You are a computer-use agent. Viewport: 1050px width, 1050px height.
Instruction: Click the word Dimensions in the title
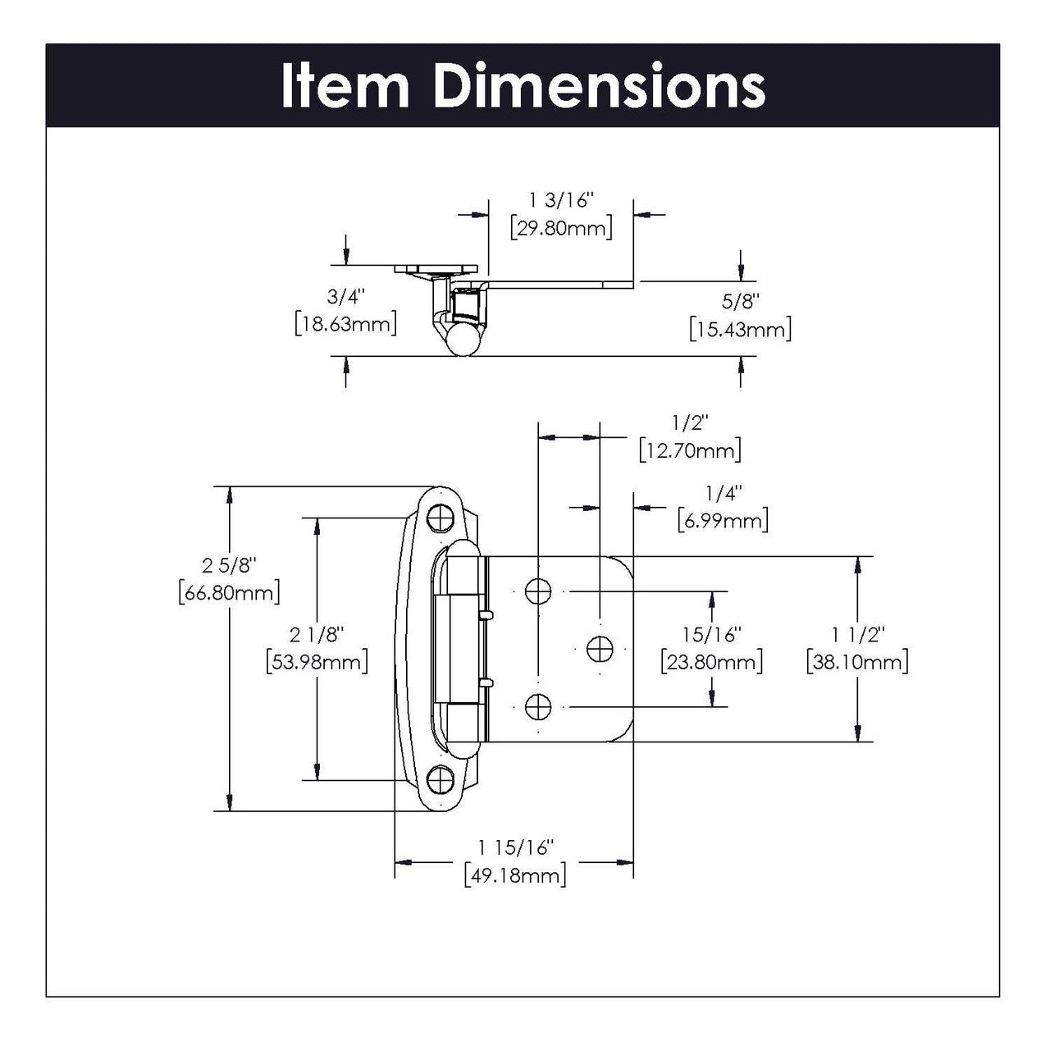pos(600,86)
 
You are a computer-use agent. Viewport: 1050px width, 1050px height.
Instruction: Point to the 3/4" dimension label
pos(345,296)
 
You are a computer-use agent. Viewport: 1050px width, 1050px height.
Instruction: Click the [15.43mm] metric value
pos(740,329)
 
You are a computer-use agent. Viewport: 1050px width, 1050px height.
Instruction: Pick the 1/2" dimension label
pos(689,422)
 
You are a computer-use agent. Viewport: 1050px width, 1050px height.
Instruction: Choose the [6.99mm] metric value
pos(723,520)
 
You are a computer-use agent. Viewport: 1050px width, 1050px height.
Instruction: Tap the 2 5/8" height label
pos(229,565)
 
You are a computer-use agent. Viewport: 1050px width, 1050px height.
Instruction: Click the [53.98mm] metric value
pos(317,661)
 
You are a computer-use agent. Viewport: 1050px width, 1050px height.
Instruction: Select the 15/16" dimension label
pos(711,634)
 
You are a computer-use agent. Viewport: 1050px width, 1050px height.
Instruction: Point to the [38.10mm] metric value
pos(857,661)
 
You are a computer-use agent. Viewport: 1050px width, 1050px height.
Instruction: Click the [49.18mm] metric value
pos(514,875)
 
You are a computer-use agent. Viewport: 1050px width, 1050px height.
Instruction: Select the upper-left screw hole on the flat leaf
pos(537,591)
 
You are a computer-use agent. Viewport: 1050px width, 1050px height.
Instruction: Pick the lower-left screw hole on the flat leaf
pos(537,705)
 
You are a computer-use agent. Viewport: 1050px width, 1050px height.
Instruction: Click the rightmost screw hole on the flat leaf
pos(600,648)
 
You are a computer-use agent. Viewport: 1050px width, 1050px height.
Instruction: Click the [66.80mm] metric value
pos(229,592)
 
